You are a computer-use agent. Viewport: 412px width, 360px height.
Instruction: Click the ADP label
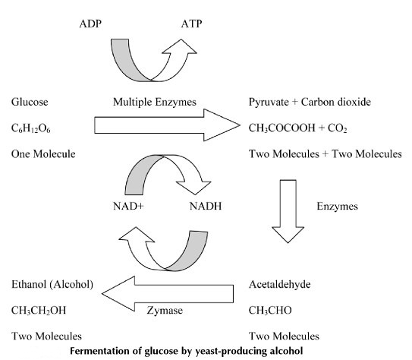(x=90, y=24)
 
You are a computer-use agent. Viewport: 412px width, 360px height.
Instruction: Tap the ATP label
(x=191, y=24)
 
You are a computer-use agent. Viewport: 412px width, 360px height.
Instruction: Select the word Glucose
(x=30, y=102)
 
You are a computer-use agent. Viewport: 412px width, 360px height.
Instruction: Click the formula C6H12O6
(x=31, y=128)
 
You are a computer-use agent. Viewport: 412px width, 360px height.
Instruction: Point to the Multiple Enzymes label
(x=155, y=102)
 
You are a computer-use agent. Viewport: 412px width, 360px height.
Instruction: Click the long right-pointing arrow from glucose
(x=167, y=125)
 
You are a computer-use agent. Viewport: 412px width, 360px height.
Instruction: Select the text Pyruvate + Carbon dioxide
(x=310, y=102)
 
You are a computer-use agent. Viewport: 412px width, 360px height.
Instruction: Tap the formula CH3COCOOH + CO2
(x=298, y=128)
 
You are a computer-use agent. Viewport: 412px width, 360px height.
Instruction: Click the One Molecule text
(x=43, y=154)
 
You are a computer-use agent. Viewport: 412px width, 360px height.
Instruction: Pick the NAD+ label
(x=128, y=206)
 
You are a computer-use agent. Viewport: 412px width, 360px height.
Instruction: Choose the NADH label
(x=206, y=206)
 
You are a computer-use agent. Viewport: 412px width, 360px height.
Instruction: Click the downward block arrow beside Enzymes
(x=288, y=211)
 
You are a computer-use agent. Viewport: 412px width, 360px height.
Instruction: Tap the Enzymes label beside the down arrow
(x=338, y=206)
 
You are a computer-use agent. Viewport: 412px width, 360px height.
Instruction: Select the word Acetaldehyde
(x=279, y=284)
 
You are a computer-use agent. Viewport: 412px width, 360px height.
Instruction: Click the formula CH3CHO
(x=270, y=311)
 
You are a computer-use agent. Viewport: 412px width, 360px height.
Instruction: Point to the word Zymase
(x=165, y=311)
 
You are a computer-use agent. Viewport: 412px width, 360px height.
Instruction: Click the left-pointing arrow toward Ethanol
(x=168, y=294)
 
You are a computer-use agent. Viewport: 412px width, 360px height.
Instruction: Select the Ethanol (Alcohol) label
(x=52, y=285)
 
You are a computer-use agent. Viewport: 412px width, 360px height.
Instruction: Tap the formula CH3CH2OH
(x=39, y=311)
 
